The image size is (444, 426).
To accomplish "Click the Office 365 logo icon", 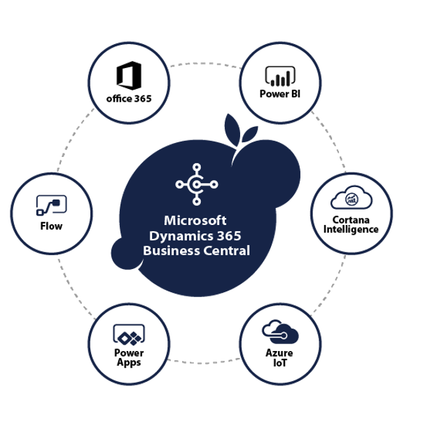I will point(129,75).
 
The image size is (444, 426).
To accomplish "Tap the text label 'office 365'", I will point(129,98).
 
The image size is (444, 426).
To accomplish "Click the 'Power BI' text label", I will point(279,94).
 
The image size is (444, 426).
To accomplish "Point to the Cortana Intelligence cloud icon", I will point(352,198).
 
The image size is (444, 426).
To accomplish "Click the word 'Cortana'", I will point(352,220).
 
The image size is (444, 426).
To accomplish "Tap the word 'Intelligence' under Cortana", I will point(352,229).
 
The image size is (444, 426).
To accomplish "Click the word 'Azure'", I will point(279,352).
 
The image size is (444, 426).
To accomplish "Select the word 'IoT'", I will point(279,363).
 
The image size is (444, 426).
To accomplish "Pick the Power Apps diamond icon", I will point(129,334).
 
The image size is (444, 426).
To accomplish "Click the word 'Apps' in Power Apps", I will point(129,362).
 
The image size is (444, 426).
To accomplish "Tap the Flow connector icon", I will point(51,205).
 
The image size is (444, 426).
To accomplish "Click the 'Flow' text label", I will point(51,226).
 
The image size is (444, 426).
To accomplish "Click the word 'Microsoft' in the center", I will point(196,221).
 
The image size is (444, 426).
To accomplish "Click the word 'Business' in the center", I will point(170,250).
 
